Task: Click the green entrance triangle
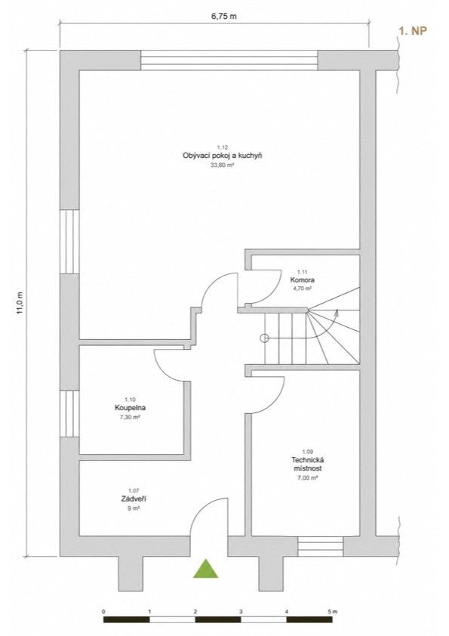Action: coord(206,569)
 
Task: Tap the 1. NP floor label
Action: coord(413,31)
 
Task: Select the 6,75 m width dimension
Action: coord(223,17)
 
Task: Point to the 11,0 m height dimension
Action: coord(21,303)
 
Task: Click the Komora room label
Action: coord(303,280)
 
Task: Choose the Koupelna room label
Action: coord(130,408)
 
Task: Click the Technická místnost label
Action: coord(308,464)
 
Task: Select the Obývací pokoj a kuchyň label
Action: coord(223,156)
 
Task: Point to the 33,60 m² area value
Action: coord(223,165)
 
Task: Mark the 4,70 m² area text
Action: coord(303,289)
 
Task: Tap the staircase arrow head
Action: coord(336,311)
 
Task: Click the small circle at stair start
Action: coord(264,338)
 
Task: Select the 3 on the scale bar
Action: coord(241,611)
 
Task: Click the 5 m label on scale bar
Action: coord(332,611)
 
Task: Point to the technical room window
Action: coord(321,546)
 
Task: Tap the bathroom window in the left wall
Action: coord(69,414)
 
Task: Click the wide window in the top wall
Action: coord(229,60)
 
